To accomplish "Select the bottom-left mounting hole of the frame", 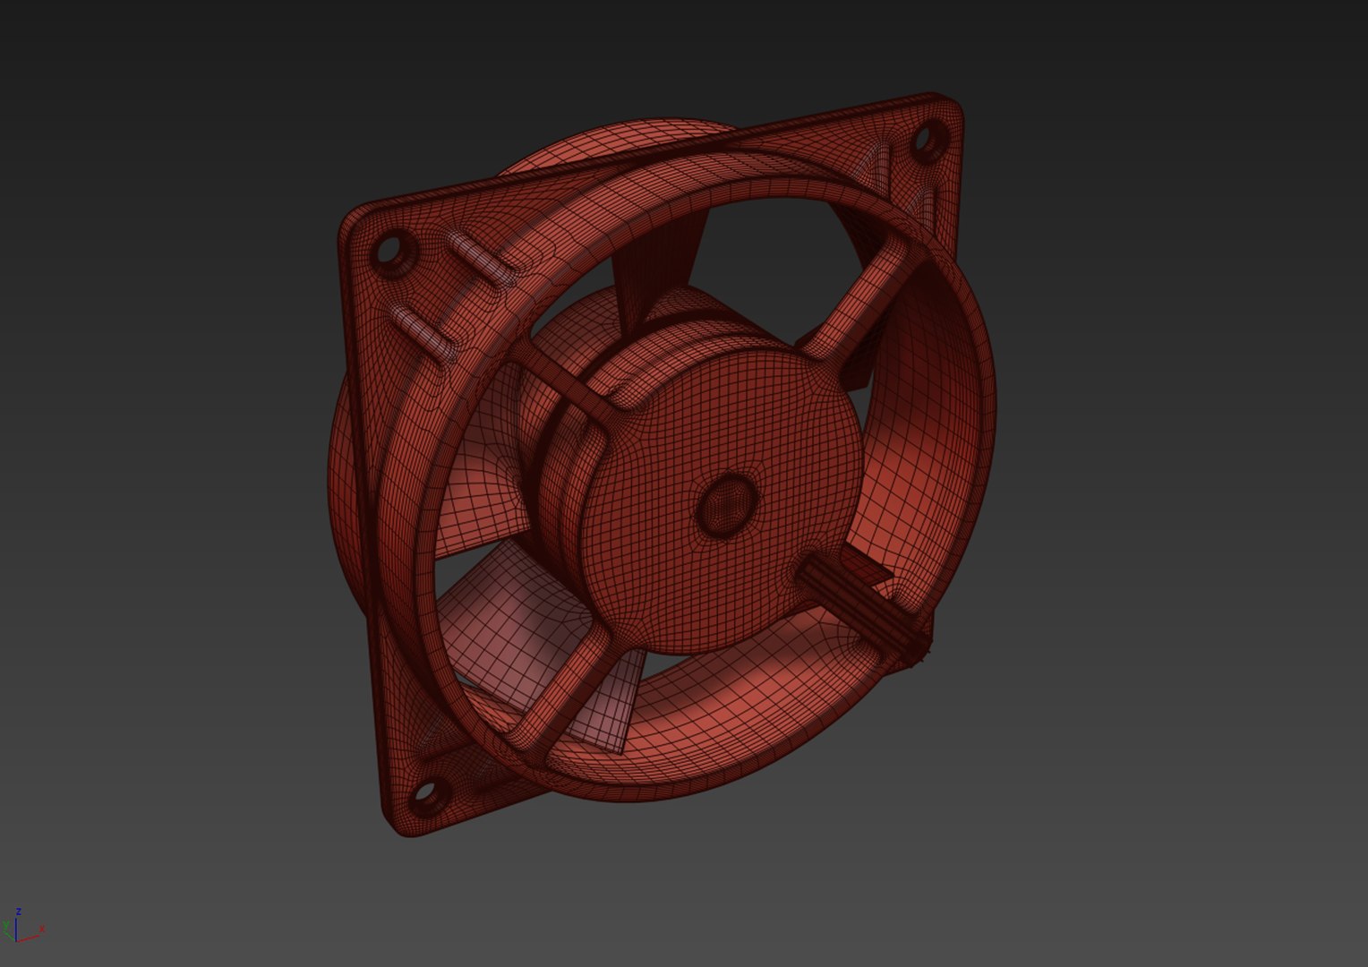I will coord(425,792).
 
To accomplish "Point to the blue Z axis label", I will coord(18,911).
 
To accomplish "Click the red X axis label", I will coord(42,929).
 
